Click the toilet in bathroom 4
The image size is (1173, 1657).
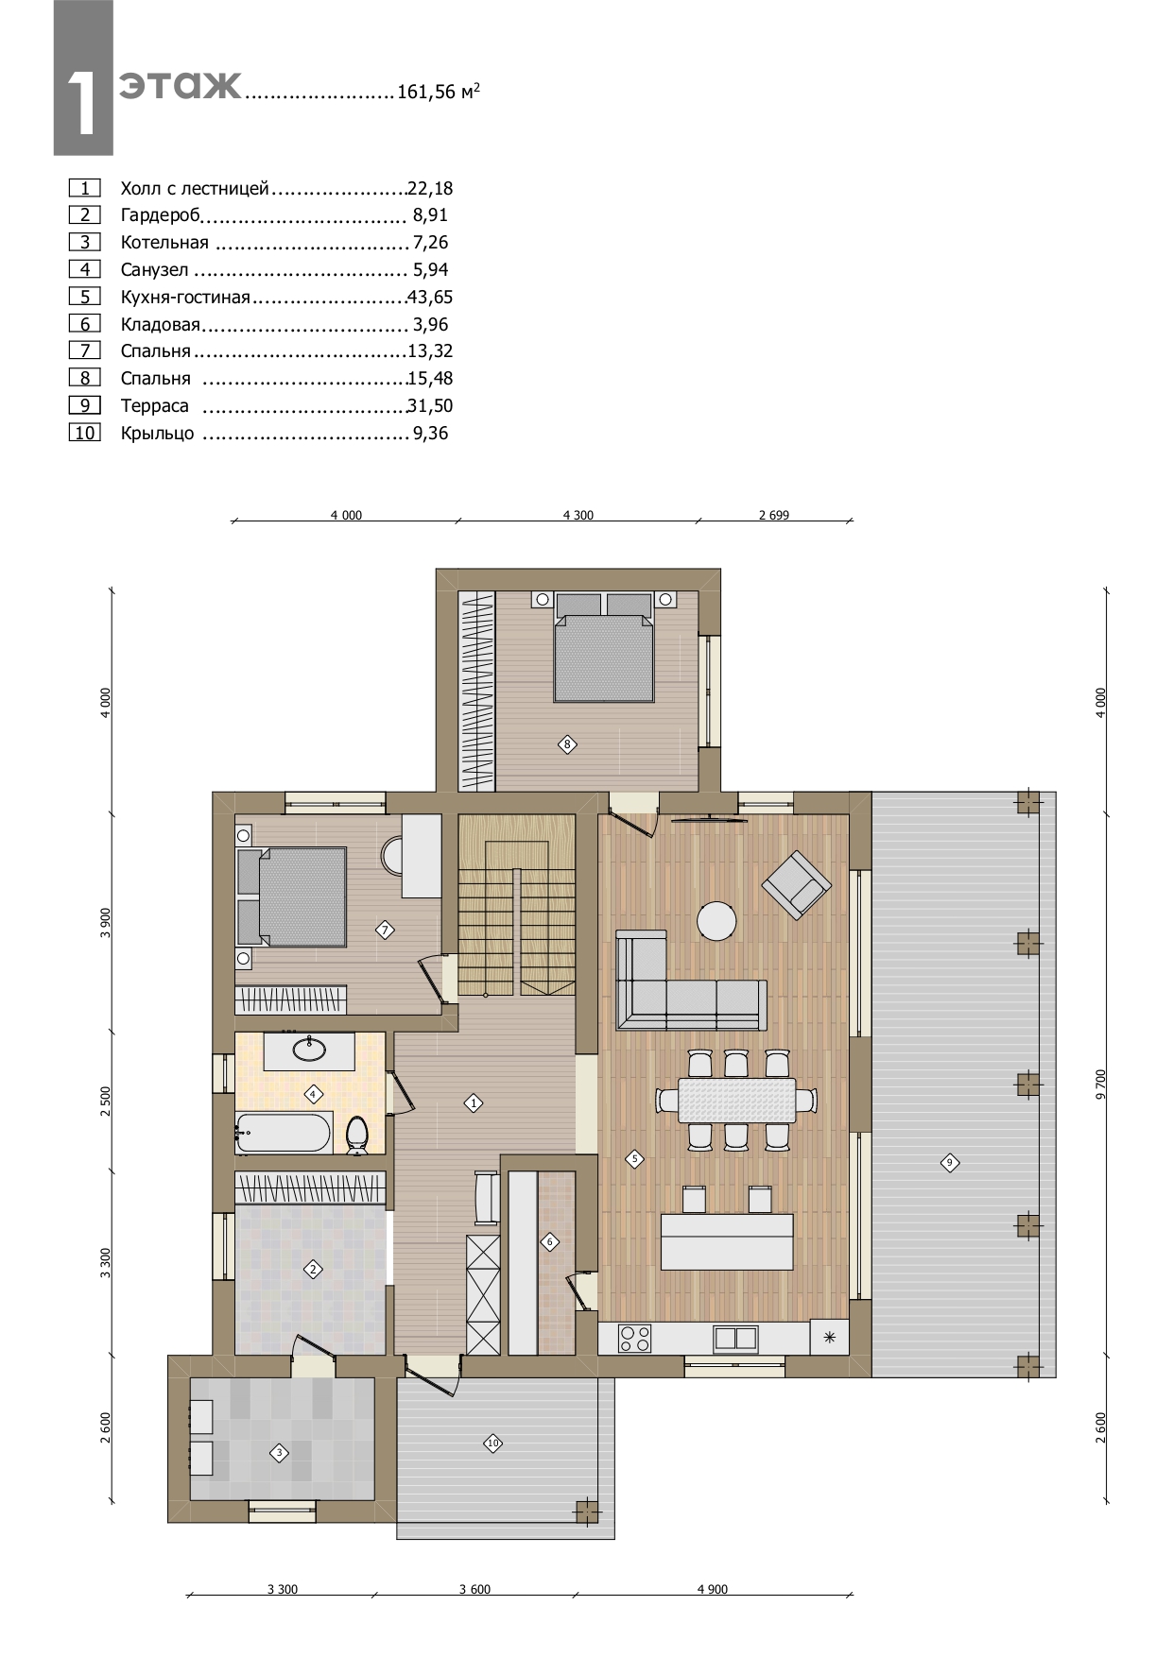click(x=357, y=1135)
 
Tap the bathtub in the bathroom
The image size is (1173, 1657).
click(x=284, y=1133)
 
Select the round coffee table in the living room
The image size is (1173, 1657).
click(x=717, y=921)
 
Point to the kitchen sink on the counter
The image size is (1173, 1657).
click(x=735, y=1338)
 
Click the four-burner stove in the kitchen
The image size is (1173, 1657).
click(x=634, y=1338)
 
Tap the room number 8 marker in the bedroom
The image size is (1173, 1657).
click(x=567, y=744)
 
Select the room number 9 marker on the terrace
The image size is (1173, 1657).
click(x=950, y=1162)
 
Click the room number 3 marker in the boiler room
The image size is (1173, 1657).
click(x=279, y=1453)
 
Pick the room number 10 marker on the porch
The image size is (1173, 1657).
click(x=492, y=1443)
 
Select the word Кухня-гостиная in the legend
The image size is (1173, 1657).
click(x=185, y=298)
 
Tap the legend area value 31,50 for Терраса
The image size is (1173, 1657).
click(x=430, y=406)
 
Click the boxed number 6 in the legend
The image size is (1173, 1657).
click(x=85, y=324)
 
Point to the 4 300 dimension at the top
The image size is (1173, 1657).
click(x=578, y=515)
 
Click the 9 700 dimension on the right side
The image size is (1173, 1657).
click(x=1100, y=1085)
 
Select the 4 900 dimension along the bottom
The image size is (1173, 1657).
click(x=713, y=1589)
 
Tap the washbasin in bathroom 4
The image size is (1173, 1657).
click(x=308, y=1048)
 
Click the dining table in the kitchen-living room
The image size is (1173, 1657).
click(x=737, y=1100)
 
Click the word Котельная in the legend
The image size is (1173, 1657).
click(x=164, y=243)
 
